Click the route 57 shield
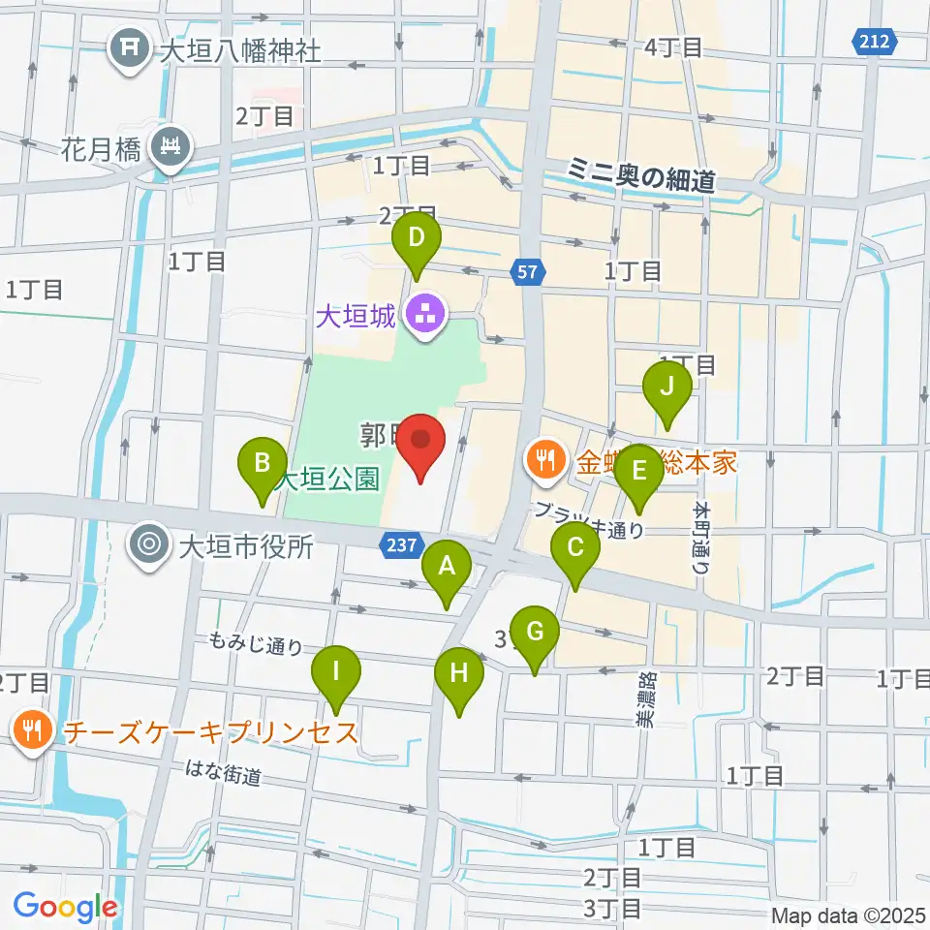point(527,274)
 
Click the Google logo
point(66,907)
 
